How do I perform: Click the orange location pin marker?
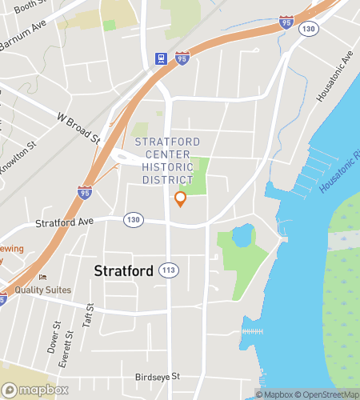(x=180, y=198)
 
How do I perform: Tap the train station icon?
(x=161, y=58)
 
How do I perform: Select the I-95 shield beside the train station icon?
(x=182, y=58)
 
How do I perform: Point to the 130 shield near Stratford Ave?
(x=134, y=219)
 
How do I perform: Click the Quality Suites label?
(x=42, y=290)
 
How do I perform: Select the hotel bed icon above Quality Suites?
(x=42, y=277)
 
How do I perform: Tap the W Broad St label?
(x=78, y=127)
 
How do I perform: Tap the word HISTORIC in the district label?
(x=167, y=167)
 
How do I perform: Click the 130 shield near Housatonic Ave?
(x=308, y=29)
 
